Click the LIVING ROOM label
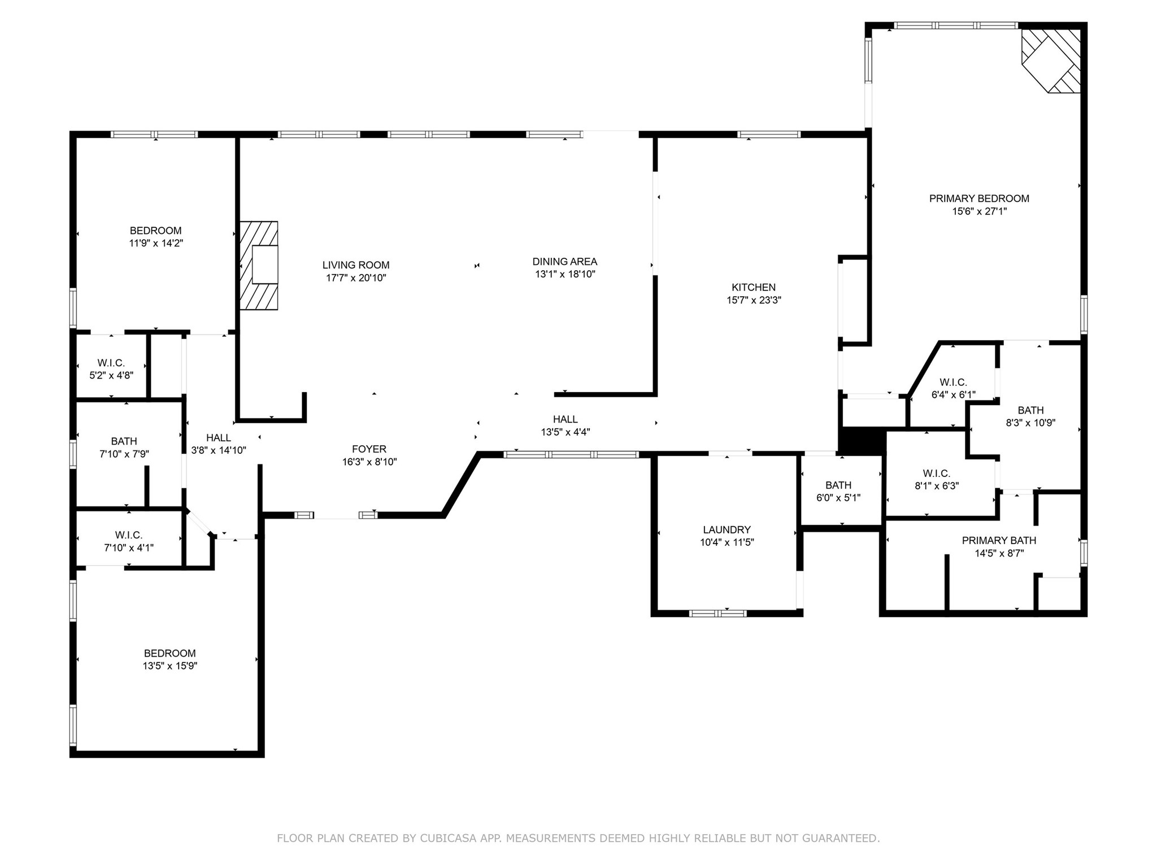(356, 265)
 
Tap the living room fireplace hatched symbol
(259, 266)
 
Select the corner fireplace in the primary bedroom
(1052, 61)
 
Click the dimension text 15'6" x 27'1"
(979, 211)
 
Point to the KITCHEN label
(754, 287)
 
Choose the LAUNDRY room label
(727, 530)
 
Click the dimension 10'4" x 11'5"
(727, 542)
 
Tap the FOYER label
(369, 449)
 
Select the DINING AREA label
(564, 262)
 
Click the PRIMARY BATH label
(999, 541)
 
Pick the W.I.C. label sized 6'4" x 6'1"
(953, 383)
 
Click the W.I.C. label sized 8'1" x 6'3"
(936, 474)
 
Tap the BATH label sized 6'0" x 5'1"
(838, 485)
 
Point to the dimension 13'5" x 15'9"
(169, 666)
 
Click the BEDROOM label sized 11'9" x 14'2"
(155, 231)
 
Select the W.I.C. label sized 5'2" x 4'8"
(111, 363)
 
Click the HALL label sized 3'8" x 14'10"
(218, 438)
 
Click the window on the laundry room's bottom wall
(717, 613)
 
